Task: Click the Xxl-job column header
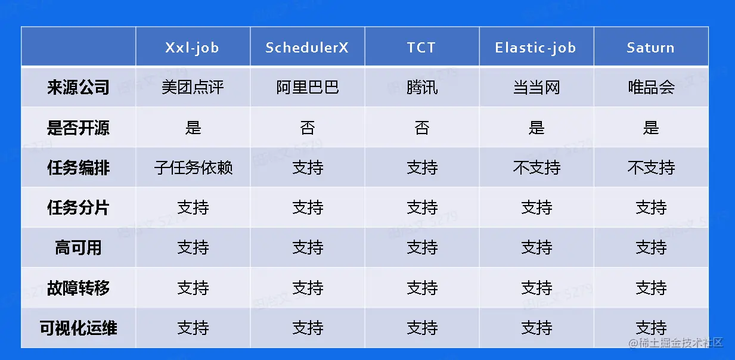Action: point(193,48)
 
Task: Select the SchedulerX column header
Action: point(307,48)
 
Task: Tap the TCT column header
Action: point(421,48)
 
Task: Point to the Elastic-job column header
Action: point(535,48)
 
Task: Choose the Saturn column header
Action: point(651,48)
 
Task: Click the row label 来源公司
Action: point(78,87)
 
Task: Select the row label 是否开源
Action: point(78,128)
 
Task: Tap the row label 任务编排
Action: point(78,167)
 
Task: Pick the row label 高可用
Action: point(78,247)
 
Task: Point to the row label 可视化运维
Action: point(78,328)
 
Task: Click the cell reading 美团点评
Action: point(193,87)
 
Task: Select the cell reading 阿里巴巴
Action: point(308,87)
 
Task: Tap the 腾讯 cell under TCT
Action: point(422,87)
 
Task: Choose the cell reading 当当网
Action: point(536,88)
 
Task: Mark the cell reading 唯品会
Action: point(652,87)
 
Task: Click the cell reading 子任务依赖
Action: point(193,167)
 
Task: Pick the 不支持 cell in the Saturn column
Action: point(652,167)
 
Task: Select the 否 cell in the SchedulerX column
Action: point(308,128)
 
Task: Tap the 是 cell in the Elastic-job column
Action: point(536,128)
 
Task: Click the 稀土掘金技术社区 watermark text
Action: point(676,343)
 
